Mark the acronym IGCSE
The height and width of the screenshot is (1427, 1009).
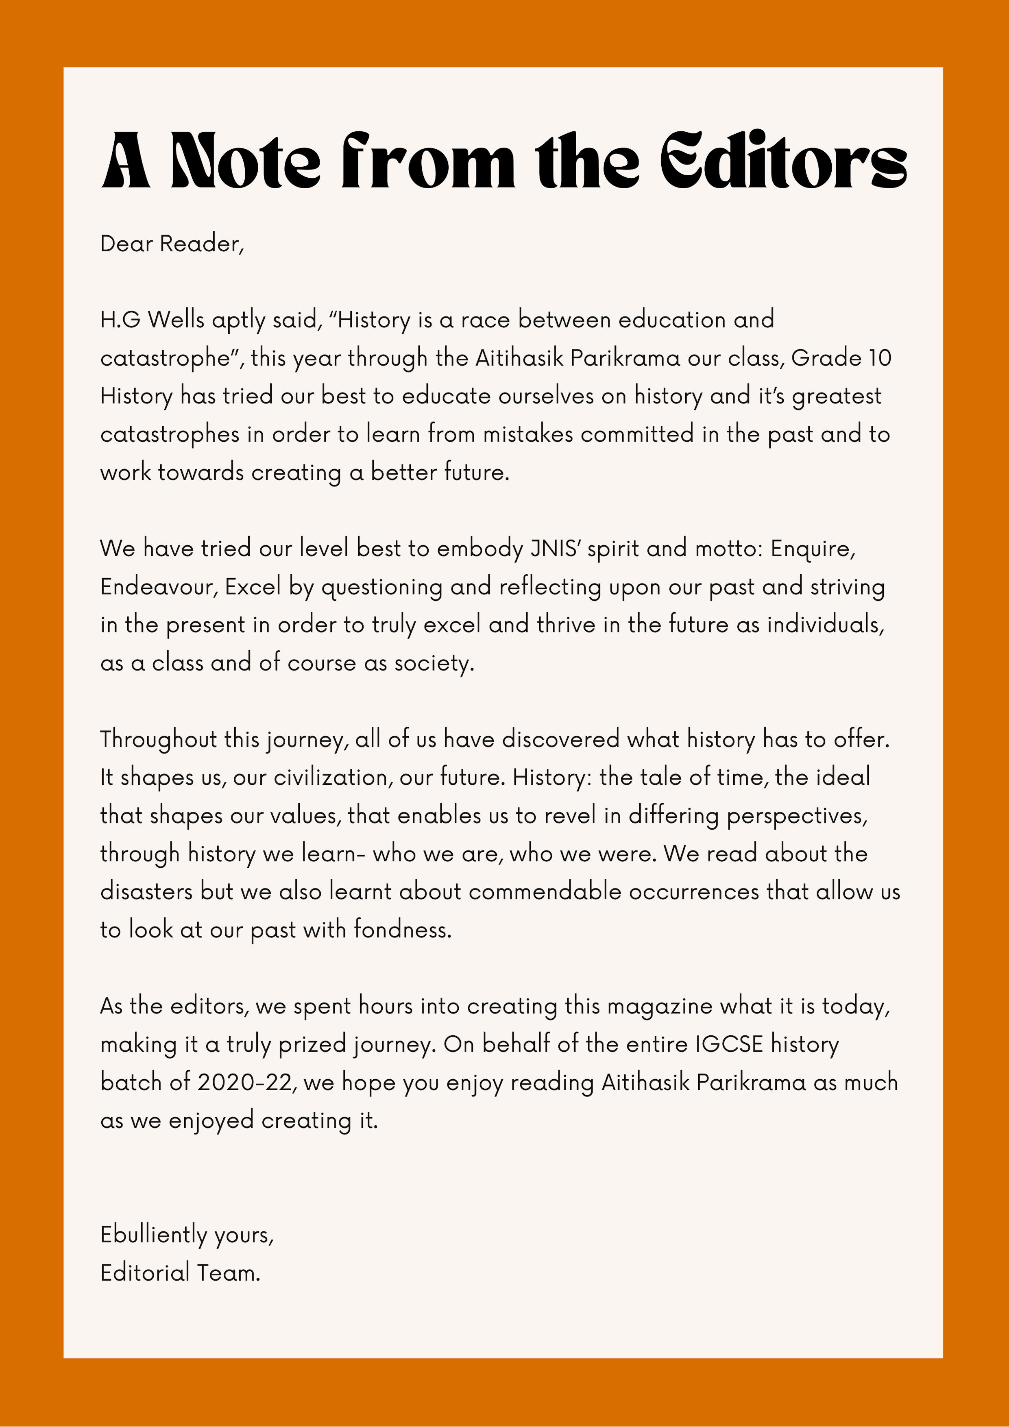pyautogui.click(x=729, y=1045)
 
